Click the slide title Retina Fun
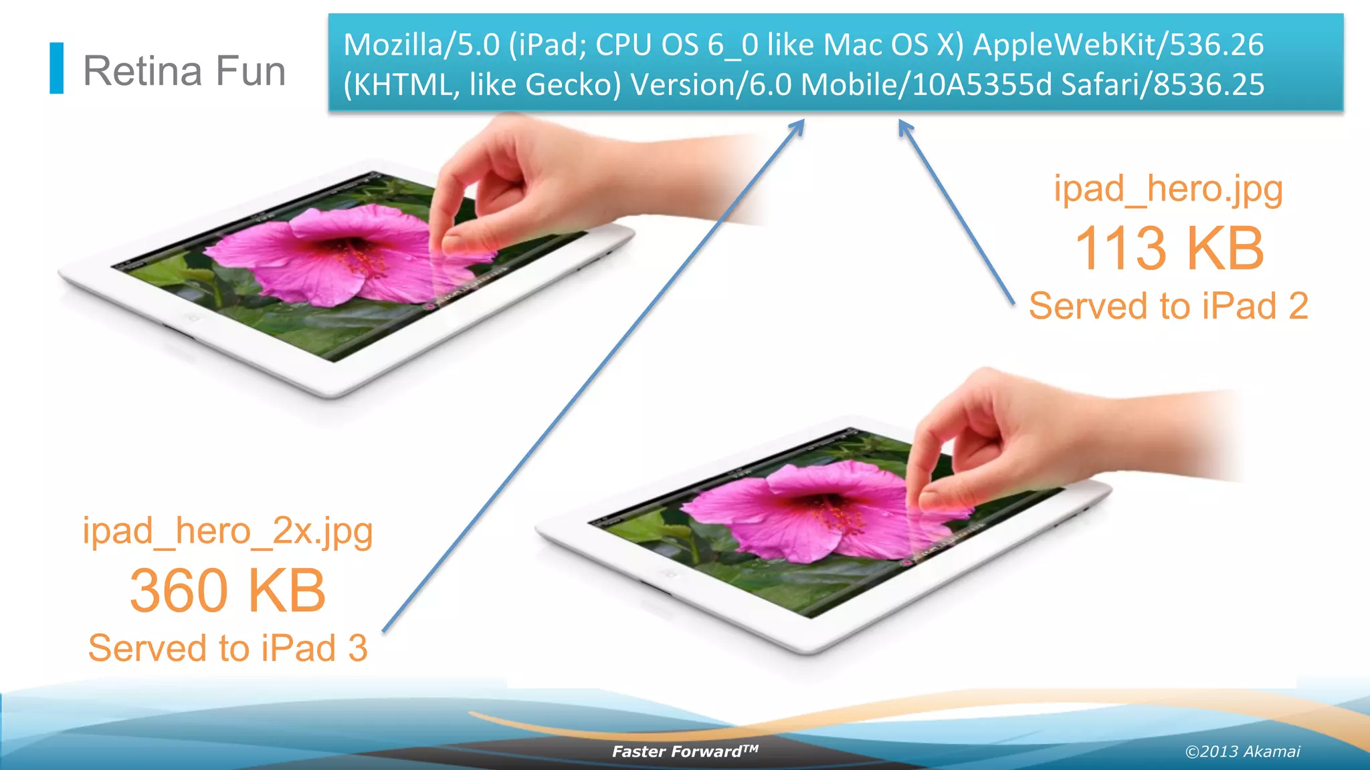(x=184, y=71)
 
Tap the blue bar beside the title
(x=57, y=68)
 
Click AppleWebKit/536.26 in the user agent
(x=1118, y=45)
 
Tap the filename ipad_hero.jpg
(x=1168, y=189)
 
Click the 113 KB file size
(x=1169, y=249)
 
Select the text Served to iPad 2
(x=1168, y=306)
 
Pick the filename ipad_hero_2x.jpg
(x=227, y=531)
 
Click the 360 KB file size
(x=227, y=591)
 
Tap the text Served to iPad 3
(x=227, y=648)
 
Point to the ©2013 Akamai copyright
(x=1242, y=751)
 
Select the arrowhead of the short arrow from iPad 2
(x=904, y=125)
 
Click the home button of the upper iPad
(x=193, y=318)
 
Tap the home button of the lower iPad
(x=669, y=573)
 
